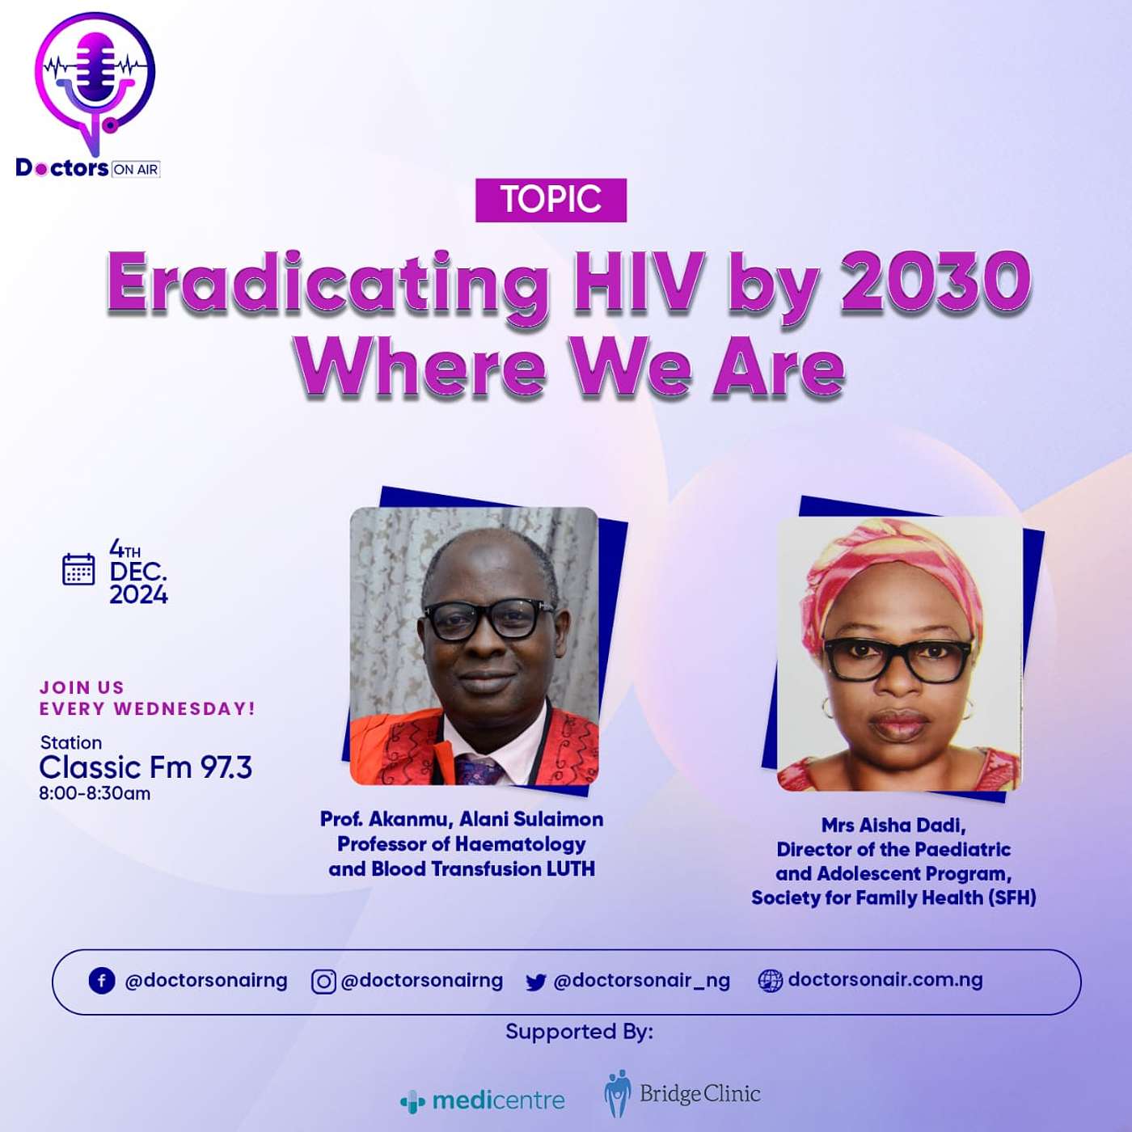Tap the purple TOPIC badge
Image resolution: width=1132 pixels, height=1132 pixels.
[551, 201]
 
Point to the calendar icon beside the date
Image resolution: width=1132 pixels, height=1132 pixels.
[78, 568]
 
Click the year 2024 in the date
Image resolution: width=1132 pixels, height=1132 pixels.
[138, 596]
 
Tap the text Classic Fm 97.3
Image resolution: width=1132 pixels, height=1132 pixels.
[146, 767]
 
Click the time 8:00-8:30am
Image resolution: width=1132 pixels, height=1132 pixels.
[95, 794]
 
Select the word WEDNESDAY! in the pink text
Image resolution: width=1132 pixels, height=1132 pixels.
[184, 708]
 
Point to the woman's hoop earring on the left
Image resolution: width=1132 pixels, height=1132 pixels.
[828, 707]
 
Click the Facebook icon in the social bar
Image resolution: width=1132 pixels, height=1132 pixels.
[102, 981]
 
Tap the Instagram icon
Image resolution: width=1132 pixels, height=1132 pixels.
[323, 982]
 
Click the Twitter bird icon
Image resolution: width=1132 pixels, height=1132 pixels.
[536, 982]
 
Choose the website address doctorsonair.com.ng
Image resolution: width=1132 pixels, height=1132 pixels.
[885, 979]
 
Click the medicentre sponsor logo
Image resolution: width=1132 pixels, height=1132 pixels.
[482, 1100]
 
